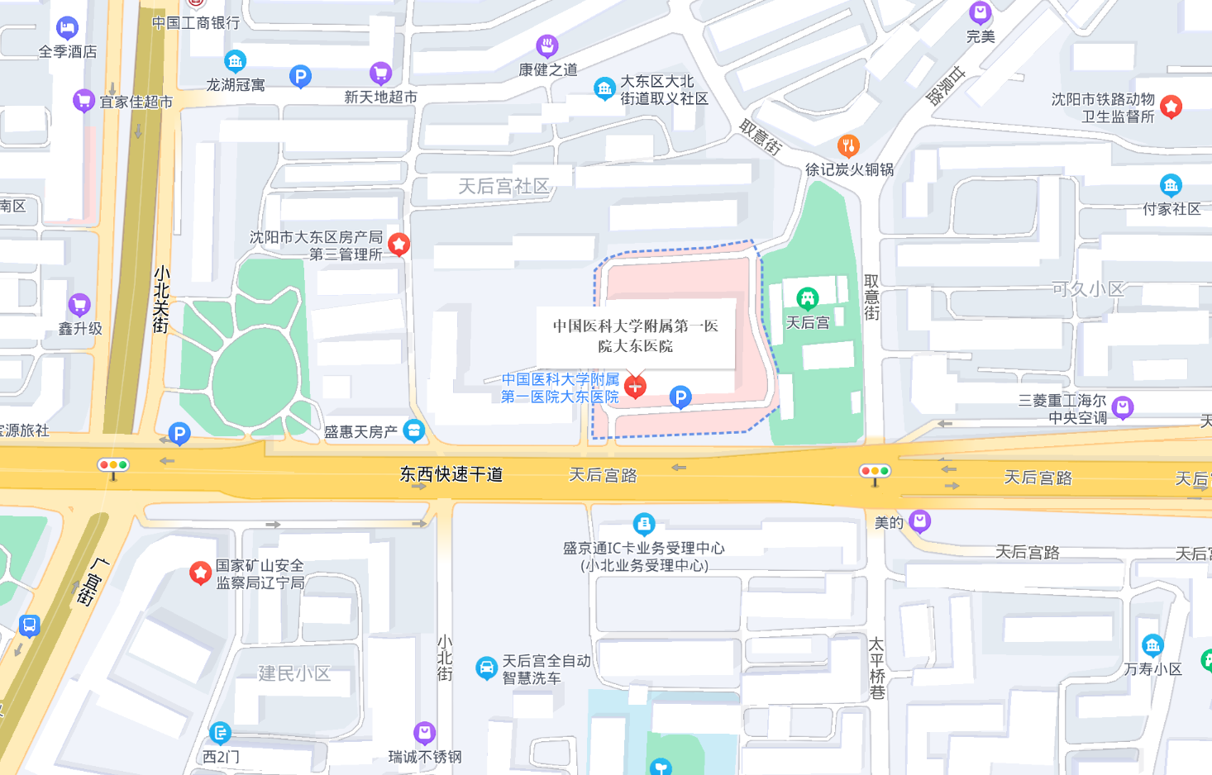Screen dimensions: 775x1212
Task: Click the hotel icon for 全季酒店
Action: (x=67, y=28)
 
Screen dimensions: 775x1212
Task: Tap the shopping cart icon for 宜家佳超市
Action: (x=84, y=101)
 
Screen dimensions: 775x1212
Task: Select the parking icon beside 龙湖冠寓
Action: (x=300, y=77)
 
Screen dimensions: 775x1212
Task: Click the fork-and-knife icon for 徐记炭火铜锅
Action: (x=848, y=146)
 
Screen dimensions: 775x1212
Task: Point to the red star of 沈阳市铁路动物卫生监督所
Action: (x=1171, y=106)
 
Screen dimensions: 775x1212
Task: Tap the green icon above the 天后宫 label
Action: (x=807, y=297)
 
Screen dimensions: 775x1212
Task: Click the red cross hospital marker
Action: (x=635, y=386)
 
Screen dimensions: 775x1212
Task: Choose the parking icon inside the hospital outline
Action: (x=680, y=397)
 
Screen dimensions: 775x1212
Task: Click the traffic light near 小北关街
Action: (x=113, y=466)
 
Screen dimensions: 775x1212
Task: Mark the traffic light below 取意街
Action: (x=875, y=472)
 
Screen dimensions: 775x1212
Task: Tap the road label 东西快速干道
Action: (x=451, y=474)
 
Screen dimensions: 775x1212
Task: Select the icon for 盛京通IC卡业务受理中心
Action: (x=643, y=524)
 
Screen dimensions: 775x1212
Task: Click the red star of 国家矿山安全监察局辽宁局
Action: (x=200, y=572)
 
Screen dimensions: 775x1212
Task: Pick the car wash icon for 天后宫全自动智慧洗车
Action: (x=486, y=668)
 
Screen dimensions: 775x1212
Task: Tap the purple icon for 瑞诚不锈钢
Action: (x=424, y=732)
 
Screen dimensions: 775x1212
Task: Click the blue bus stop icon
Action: (x=29, y=625)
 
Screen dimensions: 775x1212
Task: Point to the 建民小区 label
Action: (x=294, y=673)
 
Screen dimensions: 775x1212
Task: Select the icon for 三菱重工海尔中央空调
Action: (x=1122, y=407)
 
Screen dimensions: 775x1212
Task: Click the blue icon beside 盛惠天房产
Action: (x=413, y=430)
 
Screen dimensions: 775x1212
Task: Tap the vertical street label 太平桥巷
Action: (x=877, y=668)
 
